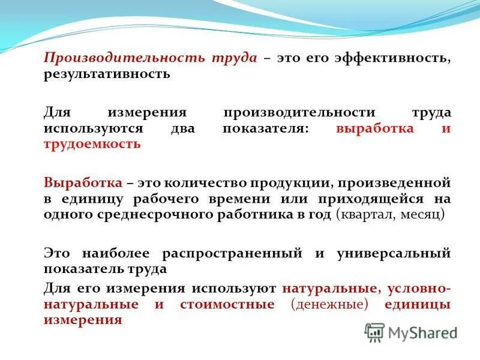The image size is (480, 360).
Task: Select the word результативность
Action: [x=107, y=74]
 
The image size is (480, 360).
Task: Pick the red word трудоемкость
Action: [x=92, y=144]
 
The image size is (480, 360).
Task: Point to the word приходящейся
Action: [x=380, y=199]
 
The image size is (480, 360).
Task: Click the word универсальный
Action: [x=391, y=253]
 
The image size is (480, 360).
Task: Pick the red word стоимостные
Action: [x=227, y=304]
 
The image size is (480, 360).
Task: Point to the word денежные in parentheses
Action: [x=329, y=304]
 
